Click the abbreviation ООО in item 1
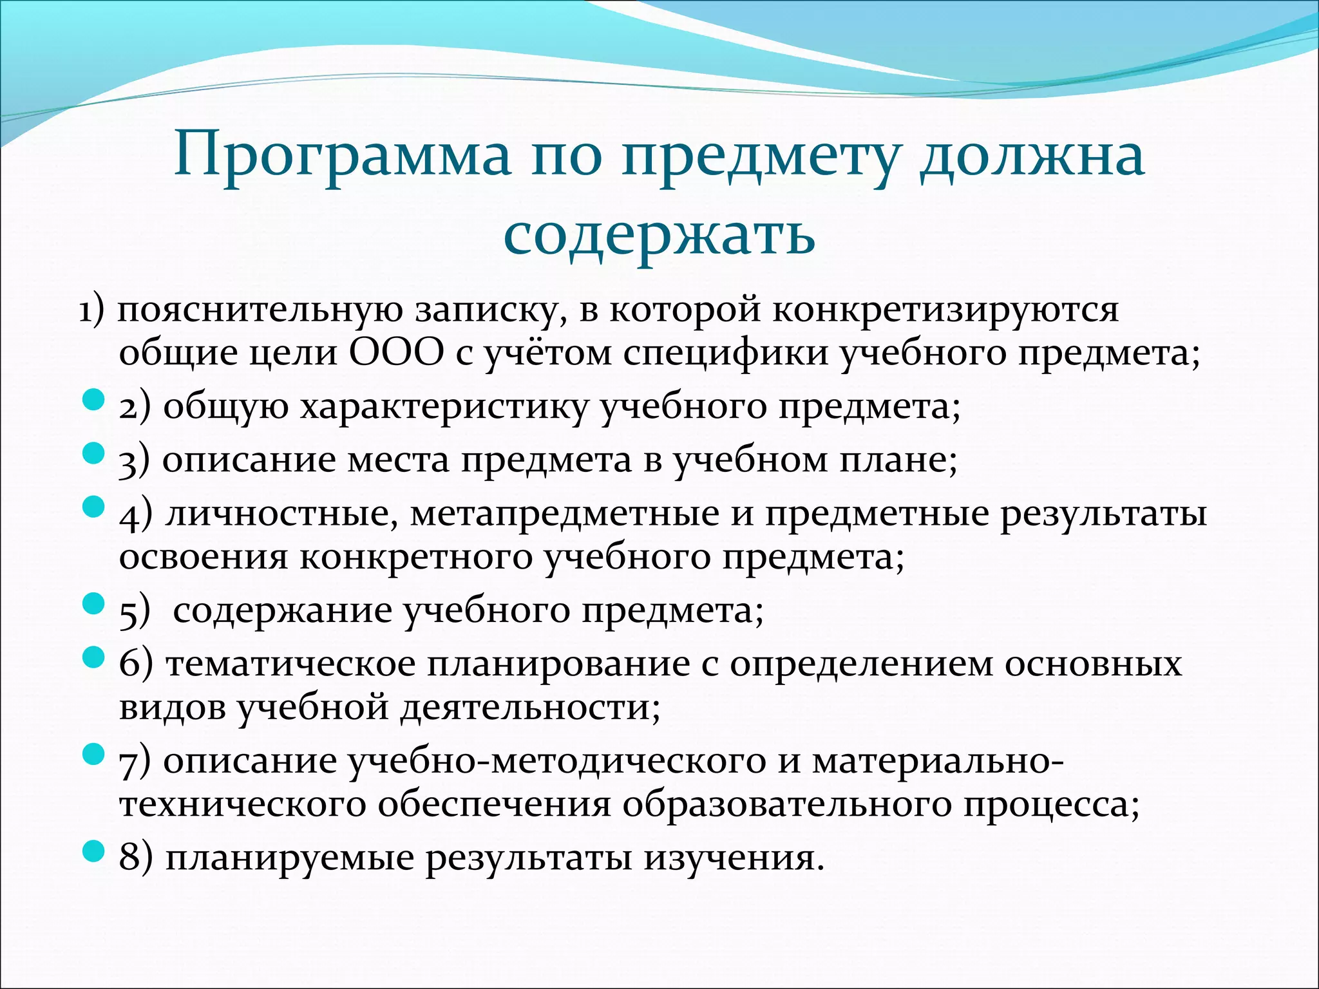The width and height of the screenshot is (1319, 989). click(397, 354)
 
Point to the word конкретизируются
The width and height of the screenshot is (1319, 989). click(945, 310)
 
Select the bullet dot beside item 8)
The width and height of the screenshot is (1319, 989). click(94, 852)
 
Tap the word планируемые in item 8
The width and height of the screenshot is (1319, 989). click(289, 859)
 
